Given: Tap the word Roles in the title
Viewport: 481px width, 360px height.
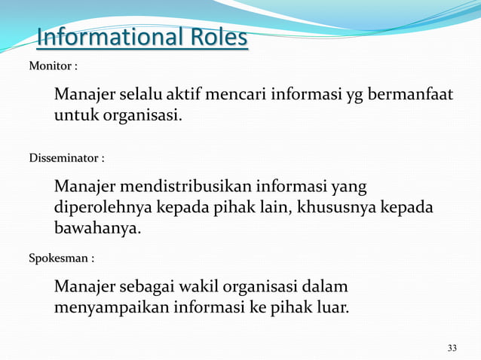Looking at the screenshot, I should click(217, 37).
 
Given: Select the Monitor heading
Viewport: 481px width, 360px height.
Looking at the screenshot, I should click(51, 67).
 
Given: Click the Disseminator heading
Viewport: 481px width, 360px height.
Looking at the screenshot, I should click(64, 159).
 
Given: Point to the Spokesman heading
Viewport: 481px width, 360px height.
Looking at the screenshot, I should click(60, 258).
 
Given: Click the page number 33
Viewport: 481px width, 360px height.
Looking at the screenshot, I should click(452, 348).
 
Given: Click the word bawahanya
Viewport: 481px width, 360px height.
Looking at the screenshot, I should click(97, 228).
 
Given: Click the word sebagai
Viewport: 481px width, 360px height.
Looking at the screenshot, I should click(150, 287).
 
